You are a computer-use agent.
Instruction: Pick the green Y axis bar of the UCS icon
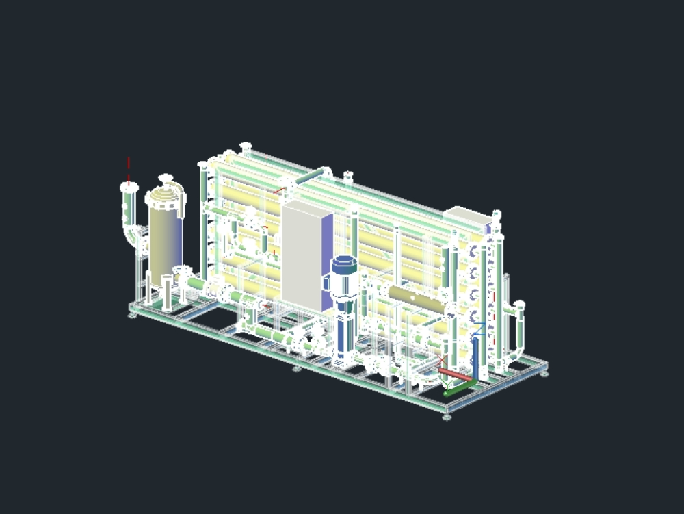click(458, 389)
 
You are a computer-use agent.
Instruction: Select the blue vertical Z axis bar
click(475, 359)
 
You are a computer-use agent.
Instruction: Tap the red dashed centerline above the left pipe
click(128, 169)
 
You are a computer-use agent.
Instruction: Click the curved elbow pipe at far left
click(130, 229)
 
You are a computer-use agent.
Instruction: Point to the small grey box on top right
click(466, 217)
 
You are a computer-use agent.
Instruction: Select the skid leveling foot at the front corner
click(447, 415)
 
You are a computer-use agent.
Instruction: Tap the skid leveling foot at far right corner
click(544, 372)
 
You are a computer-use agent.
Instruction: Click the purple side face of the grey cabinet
click(328, 260)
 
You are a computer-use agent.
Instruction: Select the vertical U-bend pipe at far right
click(518, 335)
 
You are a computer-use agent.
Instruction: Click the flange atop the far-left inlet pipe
click(128, 186)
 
